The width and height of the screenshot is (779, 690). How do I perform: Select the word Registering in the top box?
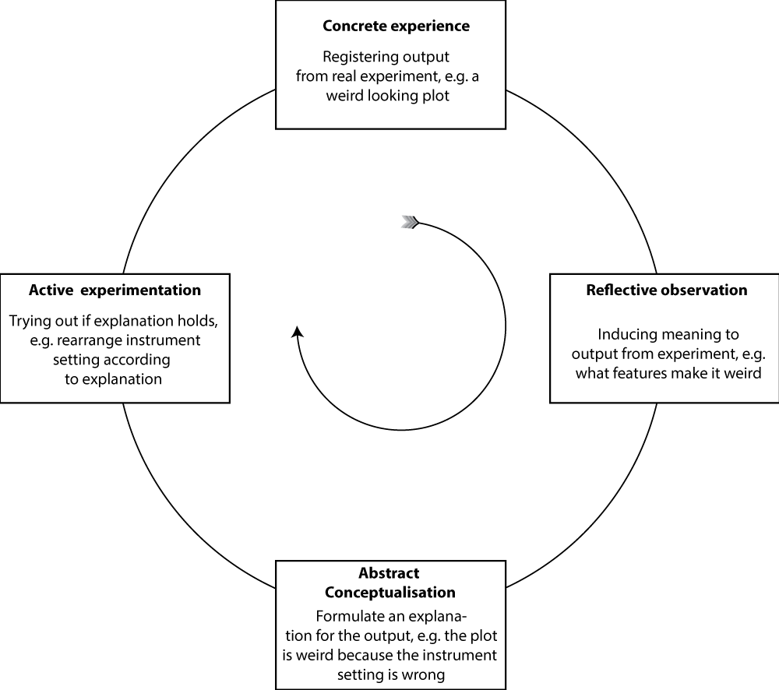coord(358,57)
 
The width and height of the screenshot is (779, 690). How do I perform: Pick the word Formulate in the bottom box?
coord(348,614)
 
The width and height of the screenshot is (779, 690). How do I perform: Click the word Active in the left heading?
coord(51,290)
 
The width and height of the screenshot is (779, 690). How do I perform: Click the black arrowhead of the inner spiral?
coord(297,332)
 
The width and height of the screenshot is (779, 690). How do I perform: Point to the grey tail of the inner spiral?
coord(409,224)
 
